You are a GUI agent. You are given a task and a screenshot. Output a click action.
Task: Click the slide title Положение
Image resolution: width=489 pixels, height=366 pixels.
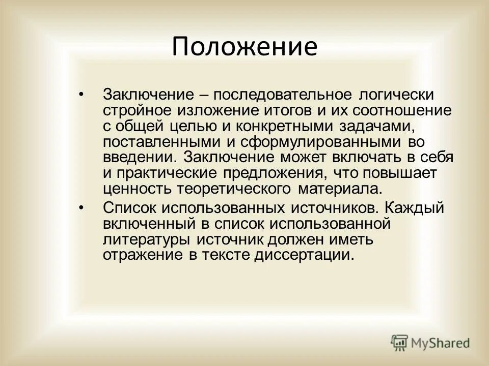coord(244,47)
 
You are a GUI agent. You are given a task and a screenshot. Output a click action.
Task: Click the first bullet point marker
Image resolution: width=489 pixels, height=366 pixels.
coord(97,95)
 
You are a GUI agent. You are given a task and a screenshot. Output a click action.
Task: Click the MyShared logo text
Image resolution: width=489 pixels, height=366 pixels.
coord(441,343)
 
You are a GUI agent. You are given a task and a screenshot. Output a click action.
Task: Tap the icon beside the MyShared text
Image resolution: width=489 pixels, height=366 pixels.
coord(400,343)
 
